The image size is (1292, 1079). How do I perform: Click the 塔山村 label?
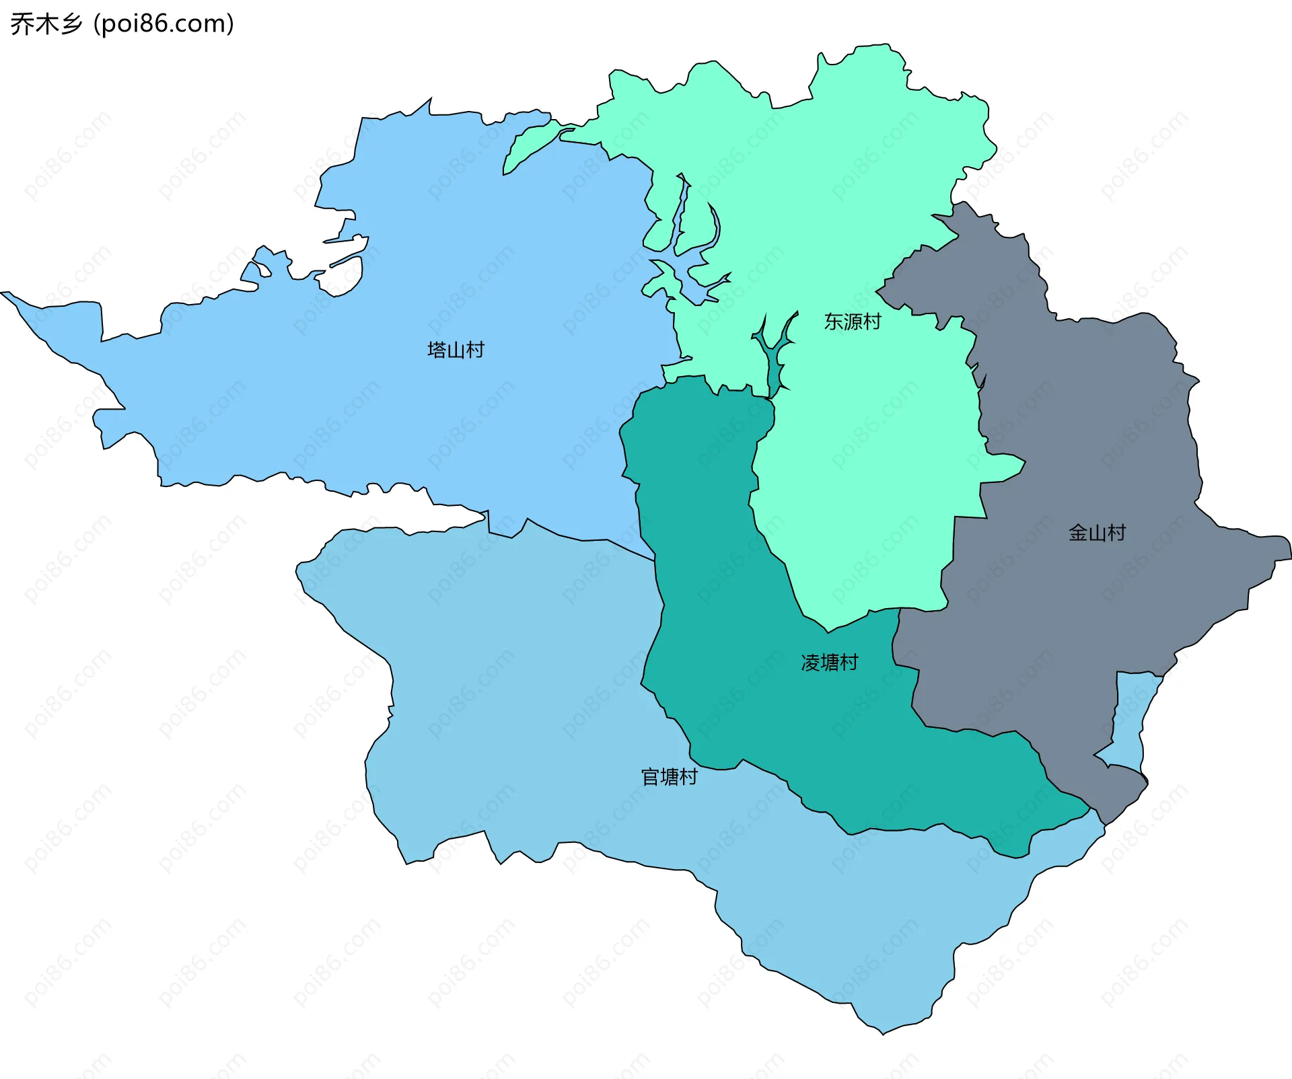click(456, 350)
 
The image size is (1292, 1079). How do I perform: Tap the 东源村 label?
click(852, 322)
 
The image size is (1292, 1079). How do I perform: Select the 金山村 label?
click(1097, 533)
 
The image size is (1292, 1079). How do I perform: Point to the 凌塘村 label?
click(829, 663)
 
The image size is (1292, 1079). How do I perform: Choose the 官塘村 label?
click(669, 777)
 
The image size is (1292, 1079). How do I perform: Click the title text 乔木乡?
click(46, 24)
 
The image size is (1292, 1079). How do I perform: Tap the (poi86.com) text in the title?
click(164, 24)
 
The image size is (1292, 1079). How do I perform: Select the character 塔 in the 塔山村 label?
click(437, 350)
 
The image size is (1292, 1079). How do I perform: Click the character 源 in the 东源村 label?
click(852, 322)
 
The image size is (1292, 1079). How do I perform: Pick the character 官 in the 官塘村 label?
click(650, 777)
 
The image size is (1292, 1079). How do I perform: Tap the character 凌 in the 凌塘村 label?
click(810, 663)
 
